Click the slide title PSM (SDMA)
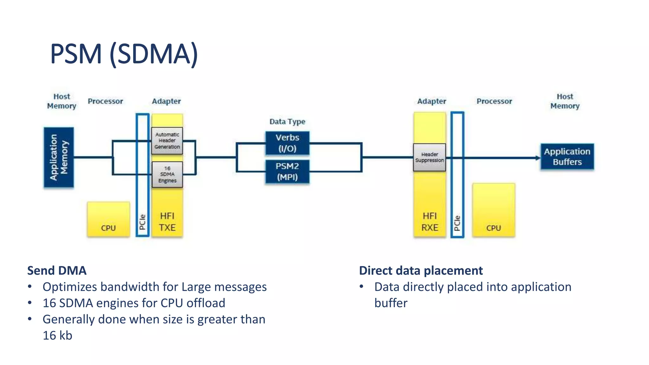pos(124,54)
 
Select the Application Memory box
pos(59,157)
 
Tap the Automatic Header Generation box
pos(167,141)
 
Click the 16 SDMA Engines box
pos(167,175)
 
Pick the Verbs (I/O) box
pos(287,143)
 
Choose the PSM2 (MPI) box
pos(287,172)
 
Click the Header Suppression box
pos(429,157)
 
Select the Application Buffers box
pos(567,157)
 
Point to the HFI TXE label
pos(167,222)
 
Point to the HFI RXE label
pos(430,222)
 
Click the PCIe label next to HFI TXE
pos(142,222)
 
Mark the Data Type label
pos(287,122)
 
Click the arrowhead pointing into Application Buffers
pos(538,158)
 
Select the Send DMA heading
pos(57,271)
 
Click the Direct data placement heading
pos(421,271)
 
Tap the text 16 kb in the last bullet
pos(57,336)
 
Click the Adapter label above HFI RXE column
pos(431,101)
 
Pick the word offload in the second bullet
pos(206,303)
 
